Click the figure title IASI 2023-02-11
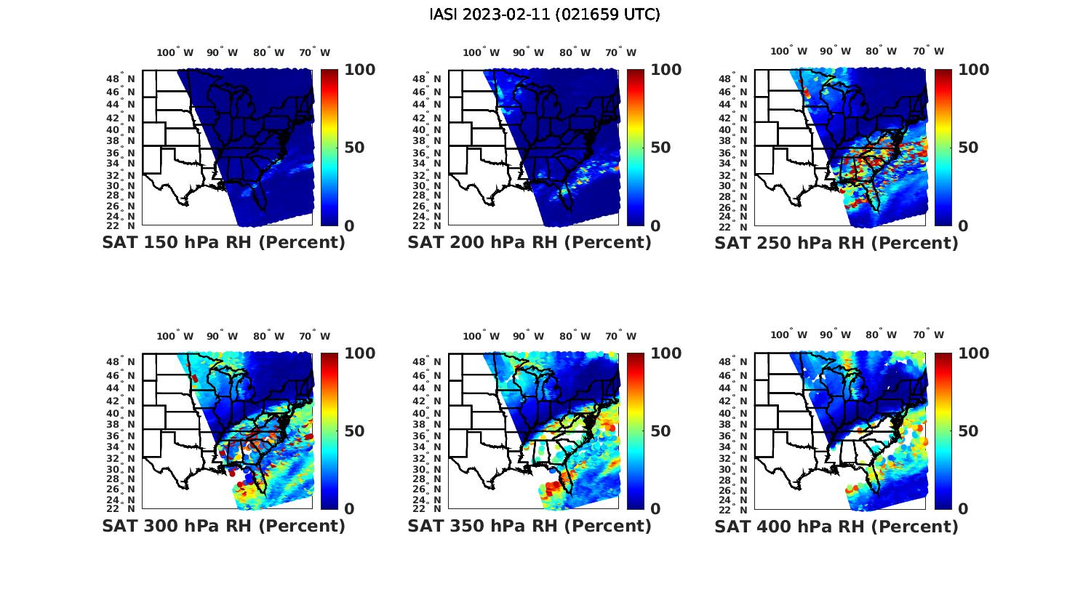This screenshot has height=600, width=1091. [545, 15]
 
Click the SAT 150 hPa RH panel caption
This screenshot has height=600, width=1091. [223, 243]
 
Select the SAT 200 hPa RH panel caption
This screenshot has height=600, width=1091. [529, 243]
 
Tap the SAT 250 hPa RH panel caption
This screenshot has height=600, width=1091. [836, 243]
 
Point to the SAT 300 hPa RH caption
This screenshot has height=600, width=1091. [223, 526]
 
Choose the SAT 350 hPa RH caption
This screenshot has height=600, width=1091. [529, 526]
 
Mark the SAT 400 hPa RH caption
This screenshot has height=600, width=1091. [836, 526]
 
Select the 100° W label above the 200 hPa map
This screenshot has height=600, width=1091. [481, 52]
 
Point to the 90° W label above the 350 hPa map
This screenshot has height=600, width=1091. [529, 336]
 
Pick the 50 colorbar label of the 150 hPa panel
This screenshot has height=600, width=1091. [354, 148]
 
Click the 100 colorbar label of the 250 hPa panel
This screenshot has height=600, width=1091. [974, 70]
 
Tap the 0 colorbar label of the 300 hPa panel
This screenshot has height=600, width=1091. [349, 509]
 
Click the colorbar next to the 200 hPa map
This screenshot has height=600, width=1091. [636, 148]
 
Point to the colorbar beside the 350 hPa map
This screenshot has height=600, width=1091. [636, 431]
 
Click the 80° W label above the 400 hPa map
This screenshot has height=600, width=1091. [882, 335]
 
